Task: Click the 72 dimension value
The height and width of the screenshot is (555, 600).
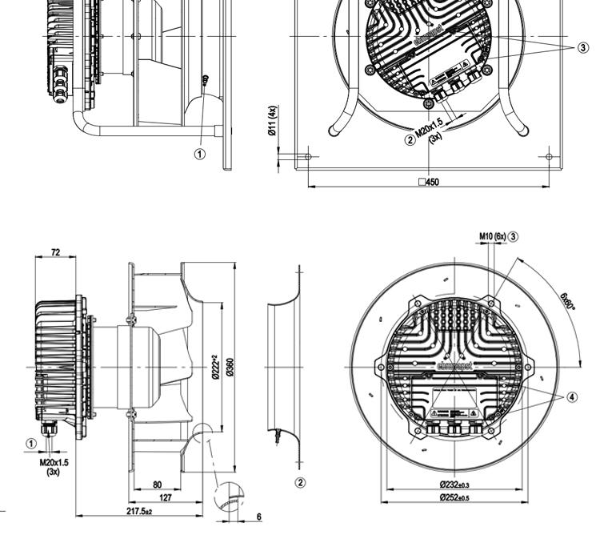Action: coord(55,252)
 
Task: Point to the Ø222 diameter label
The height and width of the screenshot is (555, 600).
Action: coord(214,368)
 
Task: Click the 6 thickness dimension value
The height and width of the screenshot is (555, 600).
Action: coord(258,517)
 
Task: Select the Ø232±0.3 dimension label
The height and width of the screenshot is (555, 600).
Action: coord(454,485)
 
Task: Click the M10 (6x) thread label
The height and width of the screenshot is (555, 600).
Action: coord(492,236)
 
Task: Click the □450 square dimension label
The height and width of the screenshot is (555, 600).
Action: coord(429,182)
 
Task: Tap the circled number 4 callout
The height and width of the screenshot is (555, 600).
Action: coord(572,396)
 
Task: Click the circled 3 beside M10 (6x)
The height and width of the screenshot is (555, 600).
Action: coord(514,236)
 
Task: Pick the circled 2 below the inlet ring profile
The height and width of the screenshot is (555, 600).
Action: coord(301,483)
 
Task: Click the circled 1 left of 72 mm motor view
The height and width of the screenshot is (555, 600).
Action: coord(31,443)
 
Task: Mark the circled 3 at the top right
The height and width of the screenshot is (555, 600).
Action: coord(582,47)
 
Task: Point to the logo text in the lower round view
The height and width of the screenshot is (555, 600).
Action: coord(454,364)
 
